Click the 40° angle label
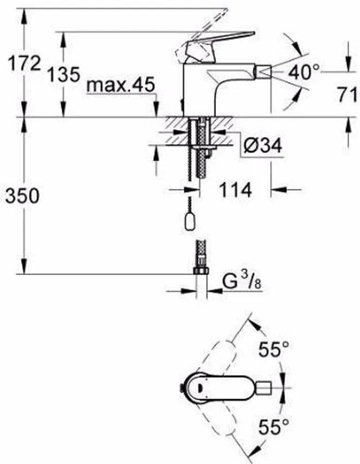[x=304, y=72]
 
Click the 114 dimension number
[x=235, y=190]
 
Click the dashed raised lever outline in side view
[x=188, y=44]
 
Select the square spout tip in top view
[x=264, y=388]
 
